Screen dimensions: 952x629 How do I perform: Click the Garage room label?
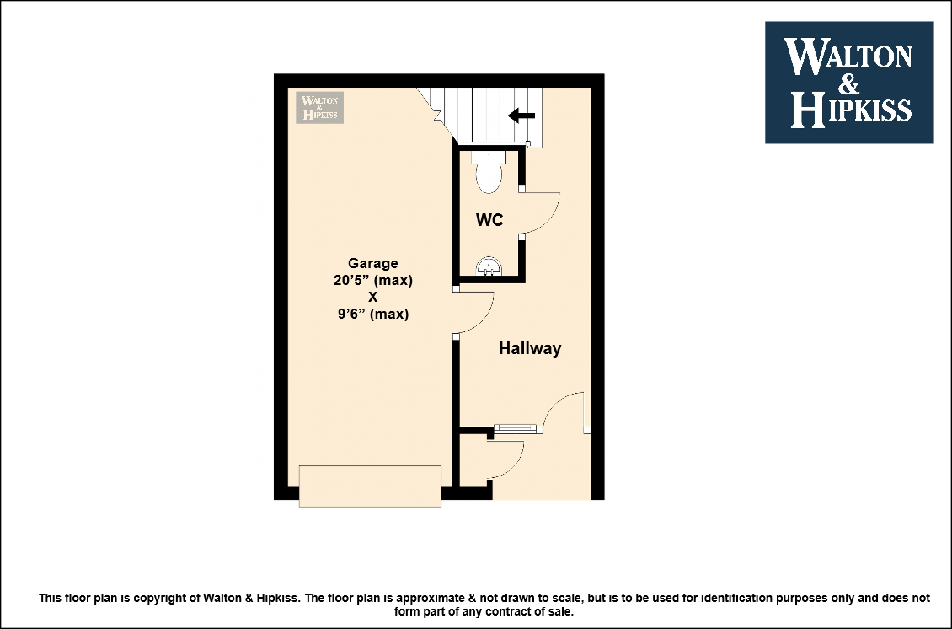372,263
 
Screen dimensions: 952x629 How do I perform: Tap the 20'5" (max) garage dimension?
372,280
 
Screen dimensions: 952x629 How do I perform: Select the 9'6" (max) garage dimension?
372,314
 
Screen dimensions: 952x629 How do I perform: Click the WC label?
489,219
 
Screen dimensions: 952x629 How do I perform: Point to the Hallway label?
530,348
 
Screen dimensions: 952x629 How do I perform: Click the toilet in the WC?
488,173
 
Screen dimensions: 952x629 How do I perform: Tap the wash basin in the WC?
489,266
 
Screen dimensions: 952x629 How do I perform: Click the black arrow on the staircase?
521,115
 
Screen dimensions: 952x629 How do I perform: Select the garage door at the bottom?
370,487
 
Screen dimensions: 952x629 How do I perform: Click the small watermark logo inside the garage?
319,108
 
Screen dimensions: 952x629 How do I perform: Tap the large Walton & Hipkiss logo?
848,83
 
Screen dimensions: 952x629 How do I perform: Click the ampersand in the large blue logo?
849,83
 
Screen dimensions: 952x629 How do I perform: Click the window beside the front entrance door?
518,429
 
